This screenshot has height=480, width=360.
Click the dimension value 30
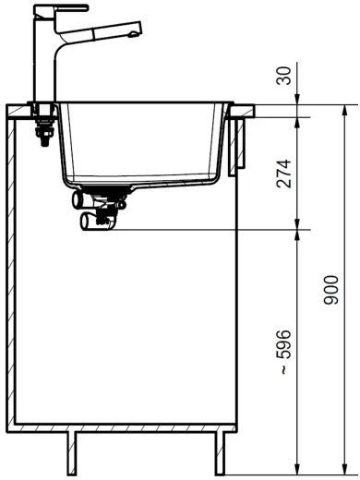283,75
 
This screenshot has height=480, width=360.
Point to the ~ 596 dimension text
283,351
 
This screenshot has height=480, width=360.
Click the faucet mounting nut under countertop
41,137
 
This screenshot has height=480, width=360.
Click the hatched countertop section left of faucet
20,114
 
